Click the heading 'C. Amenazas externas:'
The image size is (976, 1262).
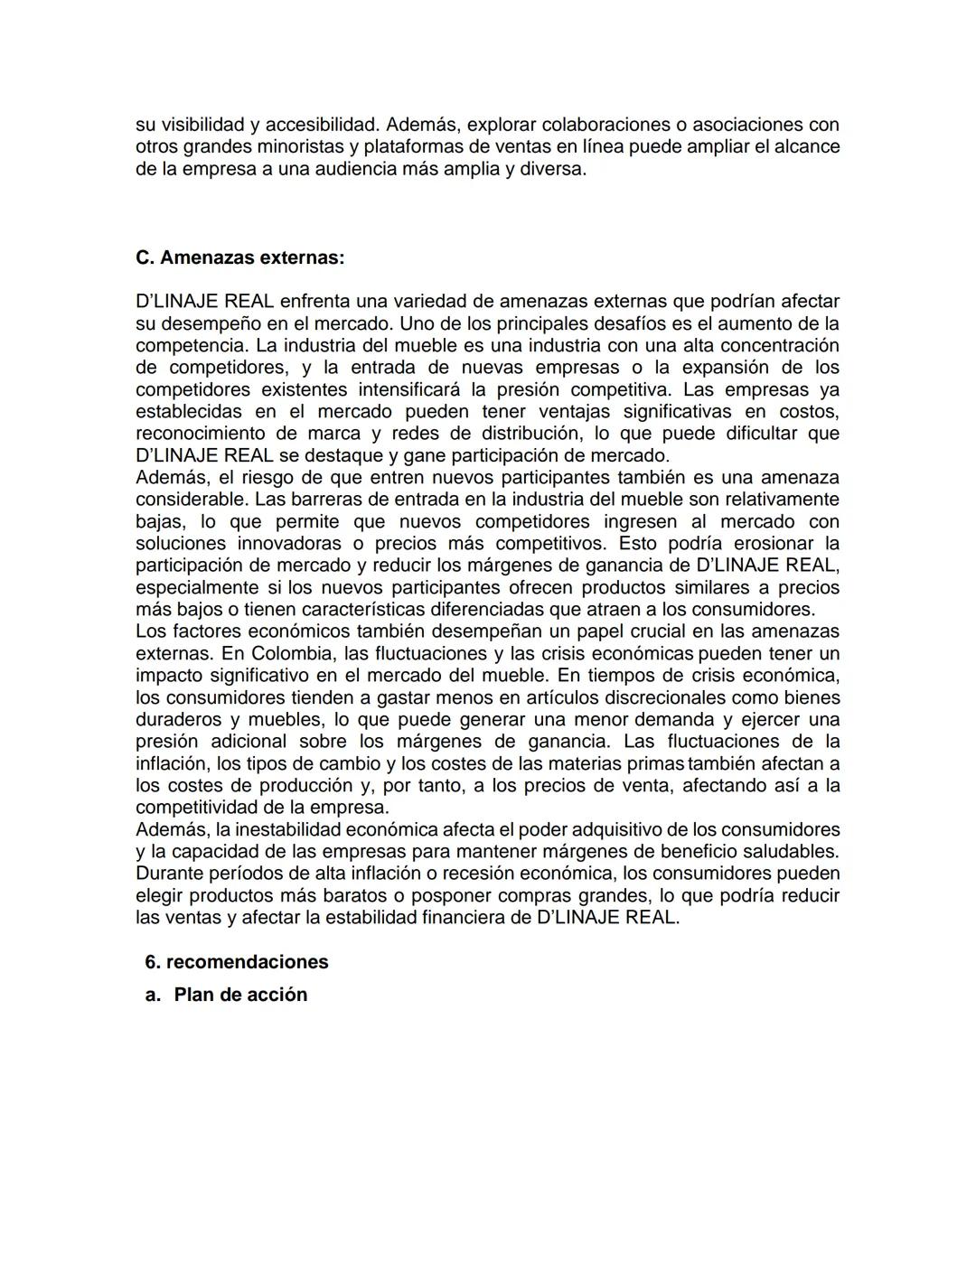tap(239, 257)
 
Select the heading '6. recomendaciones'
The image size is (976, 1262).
tap(237, 961)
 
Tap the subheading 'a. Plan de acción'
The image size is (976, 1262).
tap(226, 995)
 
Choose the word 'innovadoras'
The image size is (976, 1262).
tap(289, 544)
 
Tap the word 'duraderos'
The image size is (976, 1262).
tap(177, 720)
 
